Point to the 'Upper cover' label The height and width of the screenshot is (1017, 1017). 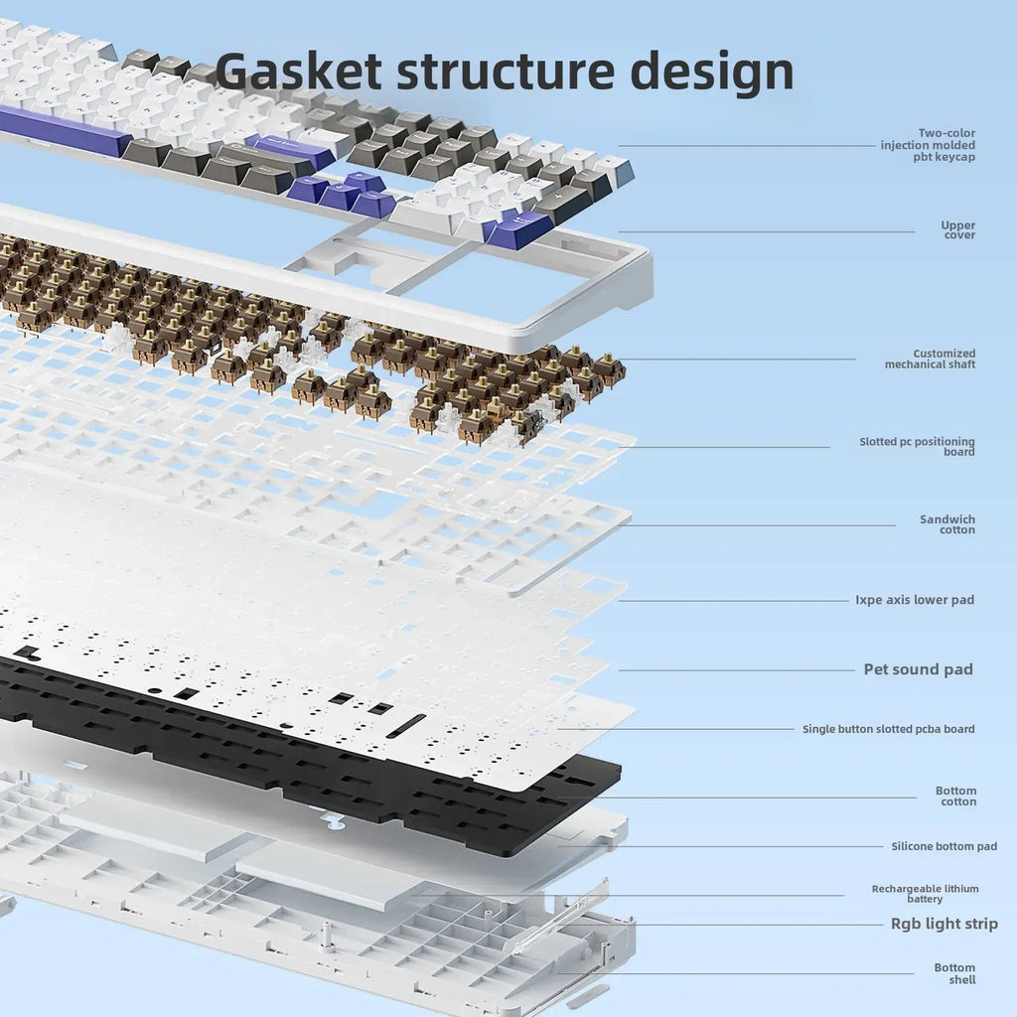(958, 230)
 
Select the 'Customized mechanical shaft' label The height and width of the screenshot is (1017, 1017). (930, 359)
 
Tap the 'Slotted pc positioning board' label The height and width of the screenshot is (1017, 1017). (917, 447)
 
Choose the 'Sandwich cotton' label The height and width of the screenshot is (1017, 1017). (947, 524)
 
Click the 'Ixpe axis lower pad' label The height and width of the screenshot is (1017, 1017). (915, 600)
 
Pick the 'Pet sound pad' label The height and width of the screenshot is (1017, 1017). (918, 669)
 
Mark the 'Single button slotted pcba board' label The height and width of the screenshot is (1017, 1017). (888, 729)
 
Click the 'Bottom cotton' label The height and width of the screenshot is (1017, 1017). (955, 797)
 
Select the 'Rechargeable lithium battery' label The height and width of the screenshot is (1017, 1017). (925, 894)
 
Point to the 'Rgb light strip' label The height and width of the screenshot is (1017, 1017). (944, 925)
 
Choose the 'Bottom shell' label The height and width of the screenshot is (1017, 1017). (954, 973)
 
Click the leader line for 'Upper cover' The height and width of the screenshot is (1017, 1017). (765, 231)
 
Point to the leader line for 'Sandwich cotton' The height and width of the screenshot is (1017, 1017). (755, 525)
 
